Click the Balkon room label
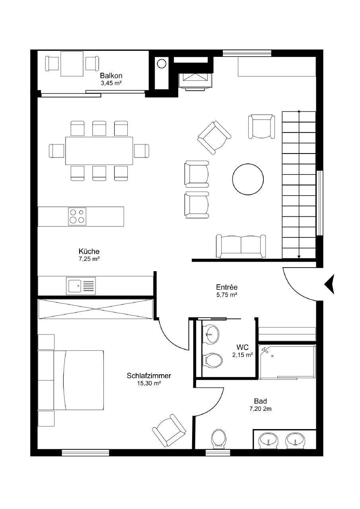coord(111,76)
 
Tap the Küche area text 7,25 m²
coord(89,258)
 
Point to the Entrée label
coord(227,287)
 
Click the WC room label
coord(242,348)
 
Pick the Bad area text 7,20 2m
coord(261,409)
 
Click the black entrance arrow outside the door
coord(329,284)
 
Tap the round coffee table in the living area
coord(248,179)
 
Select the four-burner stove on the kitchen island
coord(77,216)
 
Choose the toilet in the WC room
coord(213,360)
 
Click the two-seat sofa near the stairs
coord(241,246)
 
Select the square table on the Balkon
coord(72,64)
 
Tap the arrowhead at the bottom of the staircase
coord(299,257)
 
